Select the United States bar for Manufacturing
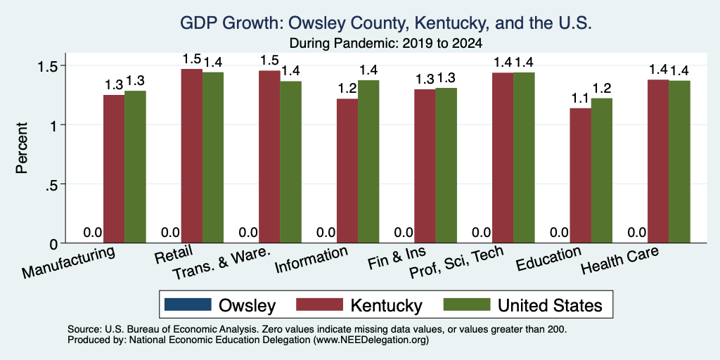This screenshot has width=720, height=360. (135, 167)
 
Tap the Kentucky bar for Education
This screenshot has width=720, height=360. (580, 175)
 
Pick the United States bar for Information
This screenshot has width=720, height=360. (368, 162)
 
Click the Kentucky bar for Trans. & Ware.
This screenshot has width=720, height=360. (269, 157)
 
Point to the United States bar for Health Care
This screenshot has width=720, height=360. (680, 162)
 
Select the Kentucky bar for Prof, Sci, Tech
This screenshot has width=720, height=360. (503, 157)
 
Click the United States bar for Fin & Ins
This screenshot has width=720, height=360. (446, 165)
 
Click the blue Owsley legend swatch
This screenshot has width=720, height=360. (187, 304)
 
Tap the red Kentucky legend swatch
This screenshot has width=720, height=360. (320, 304)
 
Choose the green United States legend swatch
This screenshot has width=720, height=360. (466, 304)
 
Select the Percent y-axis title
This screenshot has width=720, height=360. (22, 148)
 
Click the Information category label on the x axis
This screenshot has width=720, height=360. (311, 260)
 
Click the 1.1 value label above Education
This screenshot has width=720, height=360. (580, 98)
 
